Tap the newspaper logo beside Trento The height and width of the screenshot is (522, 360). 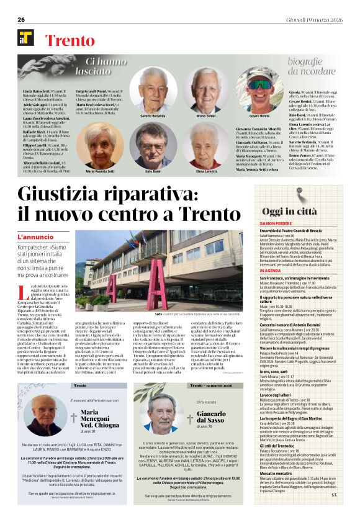point(25,38)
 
